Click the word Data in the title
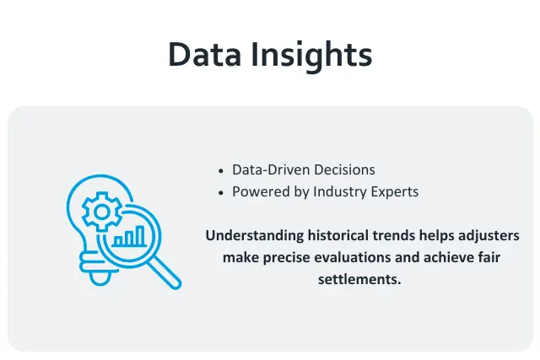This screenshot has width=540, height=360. coord(205,55)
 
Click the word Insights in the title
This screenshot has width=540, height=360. coord(312,55)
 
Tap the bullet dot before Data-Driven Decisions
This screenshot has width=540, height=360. coord(221,169)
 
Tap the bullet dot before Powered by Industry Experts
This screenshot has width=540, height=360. coord(221,192)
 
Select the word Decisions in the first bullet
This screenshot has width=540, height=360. coord(343,169)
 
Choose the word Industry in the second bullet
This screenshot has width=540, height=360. coord(338,192)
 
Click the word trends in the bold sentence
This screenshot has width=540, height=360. coord(390,236)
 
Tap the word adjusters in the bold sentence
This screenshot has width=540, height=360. coord(489,236)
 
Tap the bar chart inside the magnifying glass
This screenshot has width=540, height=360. coord(129,237)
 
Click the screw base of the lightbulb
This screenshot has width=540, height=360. coord(100,271)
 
